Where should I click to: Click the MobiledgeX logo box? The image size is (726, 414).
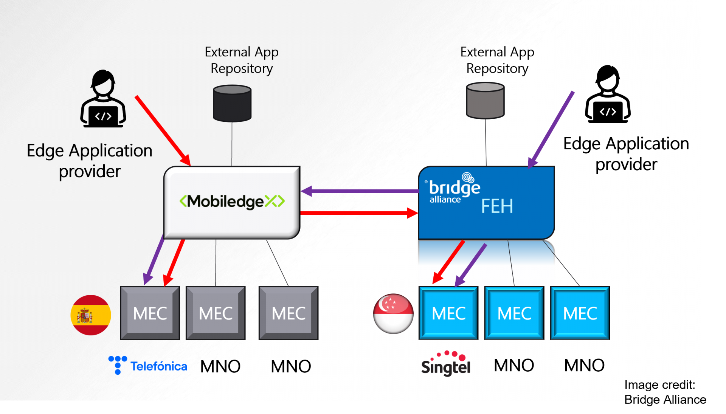click(232, 202)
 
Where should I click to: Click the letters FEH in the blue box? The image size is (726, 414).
click(497, 206)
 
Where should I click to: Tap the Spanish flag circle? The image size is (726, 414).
click(91, 315)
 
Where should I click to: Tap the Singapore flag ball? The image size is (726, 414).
click(393, 314)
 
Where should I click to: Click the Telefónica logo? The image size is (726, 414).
click(148, 366)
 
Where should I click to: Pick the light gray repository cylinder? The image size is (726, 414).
click(485, 101)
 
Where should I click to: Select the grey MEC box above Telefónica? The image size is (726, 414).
click(150, 313)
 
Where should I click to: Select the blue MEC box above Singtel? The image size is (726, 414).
click(448, 313)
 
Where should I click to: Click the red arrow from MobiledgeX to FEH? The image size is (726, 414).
click(359, 213)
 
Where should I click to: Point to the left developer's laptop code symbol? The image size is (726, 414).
click(103, 116)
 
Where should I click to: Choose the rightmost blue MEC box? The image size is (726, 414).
click(580, 313)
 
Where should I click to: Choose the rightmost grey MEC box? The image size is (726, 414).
click(289, 313)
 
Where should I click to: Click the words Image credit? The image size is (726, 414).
click(659, 385)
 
